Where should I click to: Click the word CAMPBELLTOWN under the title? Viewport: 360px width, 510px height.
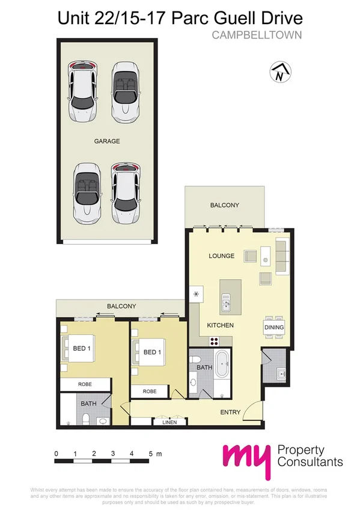[x=257, y=35]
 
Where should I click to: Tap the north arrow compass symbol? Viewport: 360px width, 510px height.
[x=279, y=72]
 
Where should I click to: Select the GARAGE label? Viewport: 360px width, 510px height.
[x=107, y=141]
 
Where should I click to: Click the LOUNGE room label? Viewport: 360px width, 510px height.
[x=221, y=256]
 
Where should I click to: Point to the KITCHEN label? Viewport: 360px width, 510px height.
[x=220, y=325]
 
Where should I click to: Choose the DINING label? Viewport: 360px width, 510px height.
[x=273, y=327]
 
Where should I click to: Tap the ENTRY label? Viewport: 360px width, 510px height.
[x=230, y=412]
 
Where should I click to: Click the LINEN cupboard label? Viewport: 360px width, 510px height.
[x=169, y=422]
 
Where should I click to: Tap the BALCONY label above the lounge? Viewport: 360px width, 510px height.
[x=224, y=206]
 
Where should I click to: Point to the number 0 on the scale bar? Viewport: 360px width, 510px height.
[x=56, y=453]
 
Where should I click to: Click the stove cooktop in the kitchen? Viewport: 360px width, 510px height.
[x=213, y=340]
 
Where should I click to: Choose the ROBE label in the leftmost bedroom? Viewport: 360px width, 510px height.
[x=85, y=384]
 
